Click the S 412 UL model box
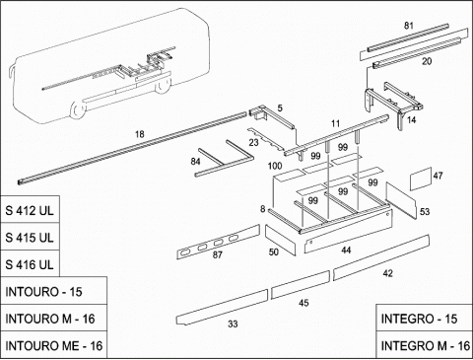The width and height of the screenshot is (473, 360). pos(30,210)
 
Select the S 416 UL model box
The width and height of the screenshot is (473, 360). pos(30,263)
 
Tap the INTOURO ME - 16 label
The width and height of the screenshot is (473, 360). pos(54,346)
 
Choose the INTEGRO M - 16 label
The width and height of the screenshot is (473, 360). pos(426,346)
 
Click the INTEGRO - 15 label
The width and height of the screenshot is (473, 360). pos(419,319)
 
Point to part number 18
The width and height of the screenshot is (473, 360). pos(140,134)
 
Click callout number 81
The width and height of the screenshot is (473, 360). pos(408,26)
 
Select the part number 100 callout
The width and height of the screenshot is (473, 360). pos(275,166)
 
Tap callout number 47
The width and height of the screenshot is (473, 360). pos(438,176)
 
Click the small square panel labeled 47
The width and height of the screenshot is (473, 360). pos(421,179)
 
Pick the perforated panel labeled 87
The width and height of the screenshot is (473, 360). pos(219,242)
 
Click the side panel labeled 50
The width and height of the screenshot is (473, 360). pos(280,241)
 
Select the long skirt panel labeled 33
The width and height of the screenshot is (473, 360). pos(222,308)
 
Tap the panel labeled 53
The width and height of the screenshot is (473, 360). pos(401,199)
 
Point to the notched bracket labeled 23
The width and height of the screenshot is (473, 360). pos(267,140)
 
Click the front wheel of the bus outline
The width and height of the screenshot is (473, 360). pos(78,109)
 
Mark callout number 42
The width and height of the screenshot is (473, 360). pos(388,273)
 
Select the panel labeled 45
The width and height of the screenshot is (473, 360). pos(301,285)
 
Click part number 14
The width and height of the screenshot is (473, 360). pos(411,120)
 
